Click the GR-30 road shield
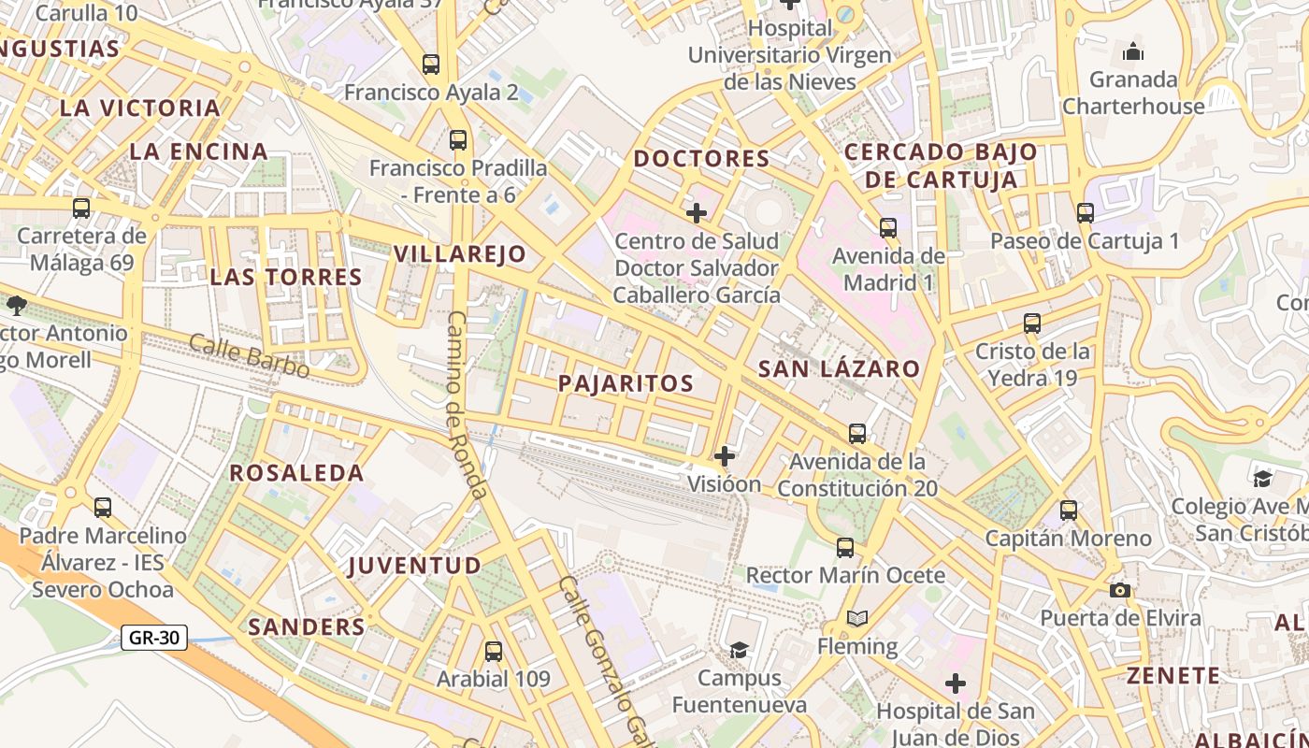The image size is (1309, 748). coord(154,639)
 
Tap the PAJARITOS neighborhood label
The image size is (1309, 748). coord(626,383)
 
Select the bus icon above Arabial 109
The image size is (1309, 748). coord(494,652)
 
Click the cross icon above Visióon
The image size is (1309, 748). coord(725,456)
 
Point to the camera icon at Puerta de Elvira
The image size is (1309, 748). coord(1120,590)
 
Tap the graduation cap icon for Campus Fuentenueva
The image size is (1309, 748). coord(739,650)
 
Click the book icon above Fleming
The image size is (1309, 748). coord(856,618)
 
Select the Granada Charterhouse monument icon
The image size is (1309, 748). coord(1133,50)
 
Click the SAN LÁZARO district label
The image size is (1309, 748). coord(839,369)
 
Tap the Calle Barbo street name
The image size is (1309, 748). coord(249,356)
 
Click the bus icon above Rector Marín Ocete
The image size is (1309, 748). coord(845,548)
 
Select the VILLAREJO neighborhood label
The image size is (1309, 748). coord(459,254)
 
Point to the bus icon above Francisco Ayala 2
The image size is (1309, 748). coord(431,65)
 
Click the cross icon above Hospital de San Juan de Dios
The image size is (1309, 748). coord(955,683)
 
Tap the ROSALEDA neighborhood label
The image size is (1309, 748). coord(296,473)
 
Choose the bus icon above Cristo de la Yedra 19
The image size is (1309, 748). coord(1032,324)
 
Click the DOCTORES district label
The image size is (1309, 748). coord(701,159)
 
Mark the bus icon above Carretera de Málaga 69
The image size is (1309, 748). coord(81,209)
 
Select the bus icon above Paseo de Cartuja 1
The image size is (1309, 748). coord(1085,213)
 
